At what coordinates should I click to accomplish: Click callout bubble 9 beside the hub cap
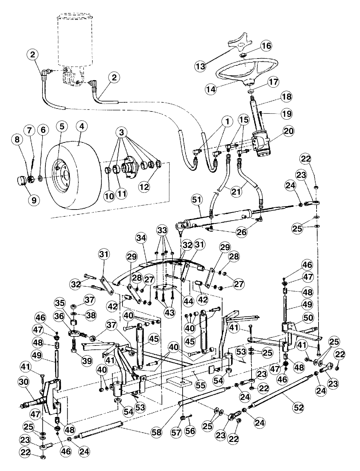coord(33,199)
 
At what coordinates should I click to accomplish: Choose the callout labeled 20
coord(287,131)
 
